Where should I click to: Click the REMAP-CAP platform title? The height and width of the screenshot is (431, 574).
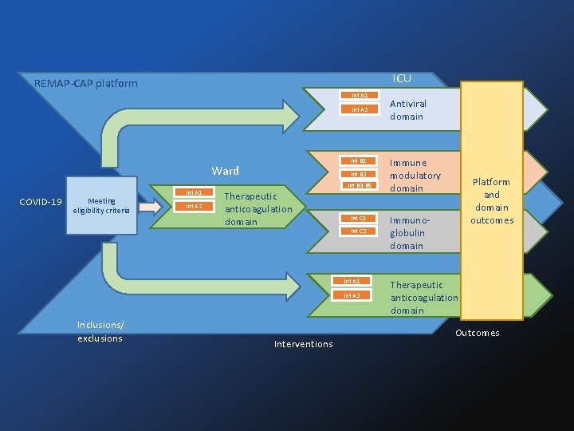click(86, 84)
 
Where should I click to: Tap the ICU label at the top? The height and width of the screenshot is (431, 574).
click(403, 78)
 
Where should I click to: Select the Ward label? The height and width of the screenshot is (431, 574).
click(225, 171)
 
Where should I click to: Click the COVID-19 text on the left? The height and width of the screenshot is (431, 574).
click(41, 201)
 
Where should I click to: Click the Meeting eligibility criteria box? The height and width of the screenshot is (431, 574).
click(102, 206)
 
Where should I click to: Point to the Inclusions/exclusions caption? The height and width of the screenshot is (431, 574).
click(100, 331)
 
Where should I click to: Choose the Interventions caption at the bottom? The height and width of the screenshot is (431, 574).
click(303, 344)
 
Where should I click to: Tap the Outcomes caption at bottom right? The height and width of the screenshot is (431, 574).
click(477, 333)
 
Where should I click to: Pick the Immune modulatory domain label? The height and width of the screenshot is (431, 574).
click(415, 176)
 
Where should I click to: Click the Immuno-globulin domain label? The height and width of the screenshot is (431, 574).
click(407, 232)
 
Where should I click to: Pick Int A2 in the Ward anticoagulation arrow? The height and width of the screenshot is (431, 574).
click(194, 207)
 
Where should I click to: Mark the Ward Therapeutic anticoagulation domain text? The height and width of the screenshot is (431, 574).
click(258, 209)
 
